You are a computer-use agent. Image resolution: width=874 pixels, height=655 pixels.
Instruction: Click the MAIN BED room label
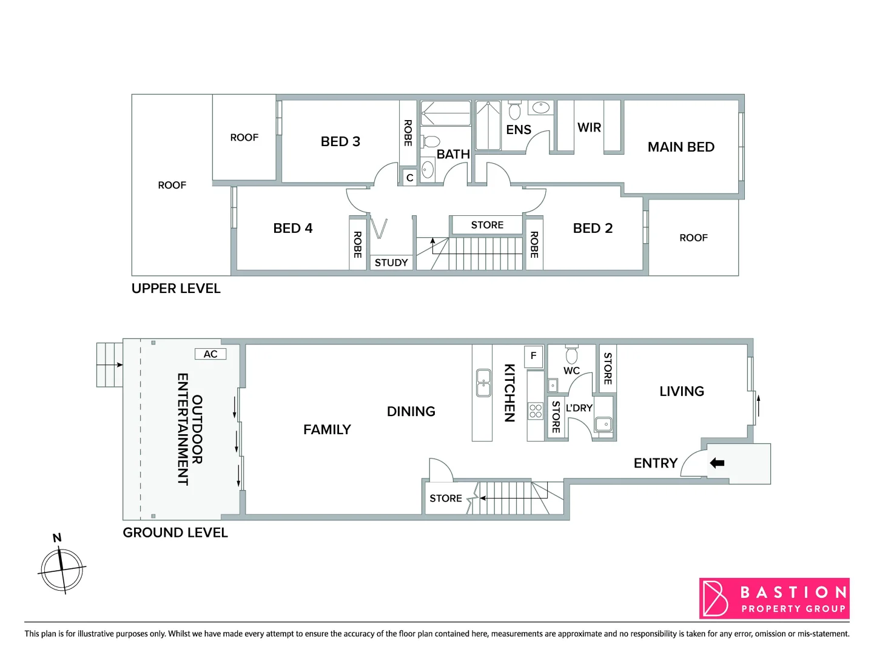tap(681, 147)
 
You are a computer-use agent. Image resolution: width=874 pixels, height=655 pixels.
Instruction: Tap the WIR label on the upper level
tap(589, 127)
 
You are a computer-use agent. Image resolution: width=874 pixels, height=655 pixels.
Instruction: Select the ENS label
tap(519, 130)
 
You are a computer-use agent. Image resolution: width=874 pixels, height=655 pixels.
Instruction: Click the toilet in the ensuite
tap(514, 111)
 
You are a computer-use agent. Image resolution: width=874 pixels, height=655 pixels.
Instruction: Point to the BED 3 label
tap(340, 141)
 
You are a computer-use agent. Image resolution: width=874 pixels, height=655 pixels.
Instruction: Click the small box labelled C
tap(409, 178)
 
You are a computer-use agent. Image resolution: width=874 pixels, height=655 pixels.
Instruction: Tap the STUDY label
tap(391, 263)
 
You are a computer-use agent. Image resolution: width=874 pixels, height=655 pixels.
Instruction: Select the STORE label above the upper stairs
tap(487, 225)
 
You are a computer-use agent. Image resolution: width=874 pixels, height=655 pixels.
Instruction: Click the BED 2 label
tap(593, 228)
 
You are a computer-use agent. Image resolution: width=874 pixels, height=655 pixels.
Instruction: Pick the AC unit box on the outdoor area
tap(210, 354)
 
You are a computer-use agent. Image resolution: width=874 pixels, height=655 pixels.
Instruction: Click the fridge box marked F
tap(533, 355)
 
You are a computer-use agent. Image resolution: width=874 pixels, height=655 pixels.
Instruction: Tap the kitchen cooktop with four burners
tap(535, 411)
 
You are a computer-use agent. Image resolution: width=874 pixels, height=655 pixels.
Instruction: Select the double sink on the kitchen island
tap(483, 383)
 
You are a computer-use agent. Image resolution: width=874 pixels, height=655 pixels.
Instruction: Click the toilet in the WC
tap(571, 355)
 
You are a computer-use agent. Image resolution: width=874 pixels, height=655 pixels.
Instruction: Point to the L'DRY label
tap(579, 408)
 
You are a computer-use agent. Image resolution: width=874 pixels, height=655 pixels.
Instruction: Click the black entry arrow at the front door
tap(717, 463)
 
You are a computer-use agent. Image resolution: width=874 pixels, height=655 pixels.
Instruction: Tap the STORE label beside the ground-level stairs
tap(445, 499)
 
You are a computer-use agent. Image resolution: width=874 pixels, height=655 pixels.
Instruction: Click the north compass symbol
tap(61, 569)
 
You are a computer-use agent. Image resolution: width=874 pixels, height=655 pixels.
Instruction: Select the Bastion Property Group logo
tap(774, 599)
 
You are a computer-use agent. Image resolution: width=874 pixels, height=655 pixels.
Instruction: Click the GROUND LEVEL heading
tap(175, 532)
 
